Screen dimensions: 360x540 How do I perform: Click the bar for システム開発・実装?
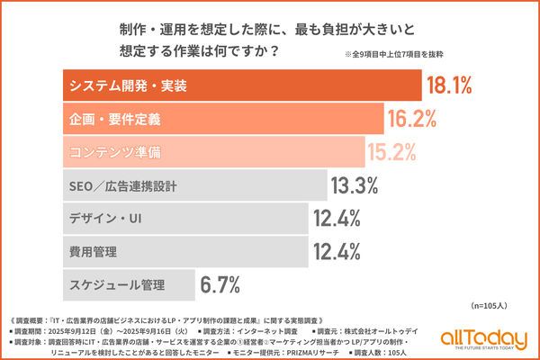pyautogui.click(x=243, y=85)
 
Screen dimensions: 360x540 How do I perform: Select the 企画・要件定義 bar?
pyautogui.click(x=224, y=118)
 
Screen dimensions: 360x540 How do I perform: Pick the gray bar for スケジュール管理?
pyautogui.click(x=130, y=285)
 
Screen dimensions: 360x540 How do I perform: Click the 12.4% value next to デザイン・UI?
pyautogui.click(x=337, y=219)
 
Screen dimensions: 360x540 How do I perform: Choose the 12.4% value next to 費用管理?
pyautogui.click(x=337, y=253)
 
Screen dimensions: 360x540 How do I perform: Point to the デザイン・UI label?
pyautogui.click(x=105, y=219)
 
